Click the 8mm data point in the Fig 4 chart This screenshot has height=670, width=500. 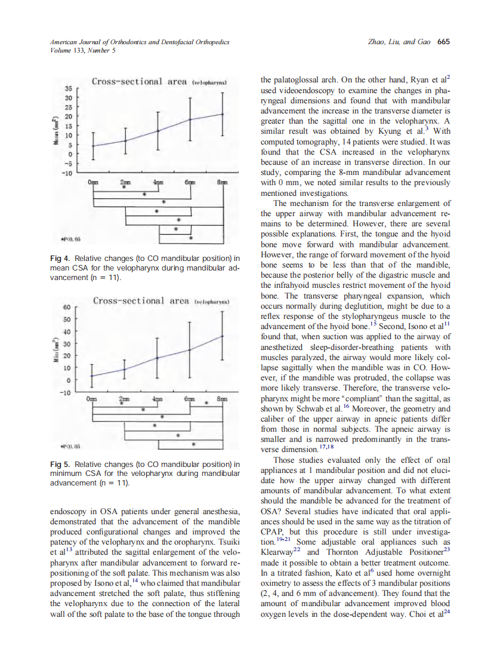click(223, 114)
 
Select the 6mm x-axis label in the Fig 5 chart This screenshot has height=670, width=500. click(189, 398)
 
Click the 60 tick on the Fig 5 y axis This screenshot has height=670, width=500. click(67, 307)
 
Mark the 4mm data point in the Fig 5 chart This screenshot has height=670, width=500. click(157, 358)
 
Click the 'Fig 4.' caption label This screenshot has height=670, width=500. click(60, 259)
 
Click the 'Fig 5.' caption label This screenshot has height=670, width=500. click(60, 463)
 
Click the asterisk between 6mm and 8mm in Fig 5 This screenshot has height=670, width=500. click(206, 404)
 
